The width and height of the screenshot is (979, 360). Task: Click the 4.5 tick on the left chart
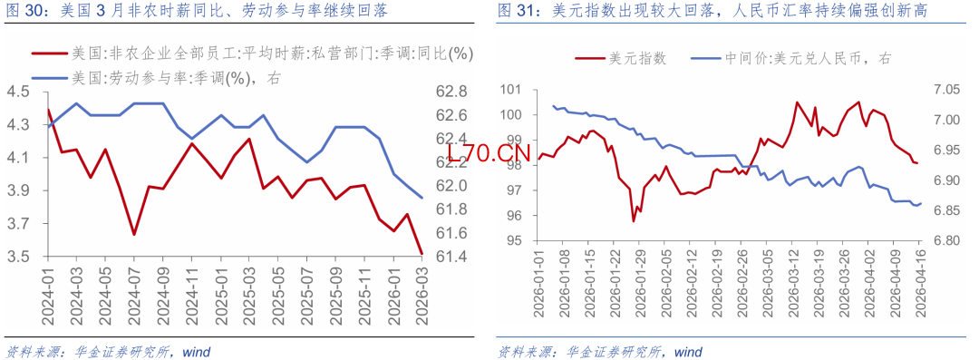pos(19,92)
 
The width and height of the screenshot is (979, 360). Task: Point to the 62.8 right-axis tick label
pos(450,92)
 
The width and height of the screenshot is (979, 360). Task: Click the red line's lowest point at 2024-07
pos(133,235)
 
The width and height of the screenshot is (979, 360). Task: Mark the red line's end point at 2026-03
pos(422,253)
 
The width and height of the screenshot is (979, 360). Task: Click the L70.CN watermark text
pos(488,153)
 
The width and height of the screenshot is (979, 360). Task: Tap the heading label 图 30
pos(25,10)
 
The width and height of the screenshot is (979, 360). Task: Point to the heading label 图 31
pos(519,10)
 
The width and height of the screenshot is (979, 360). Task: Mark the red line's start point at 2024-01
pos(48,109)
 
